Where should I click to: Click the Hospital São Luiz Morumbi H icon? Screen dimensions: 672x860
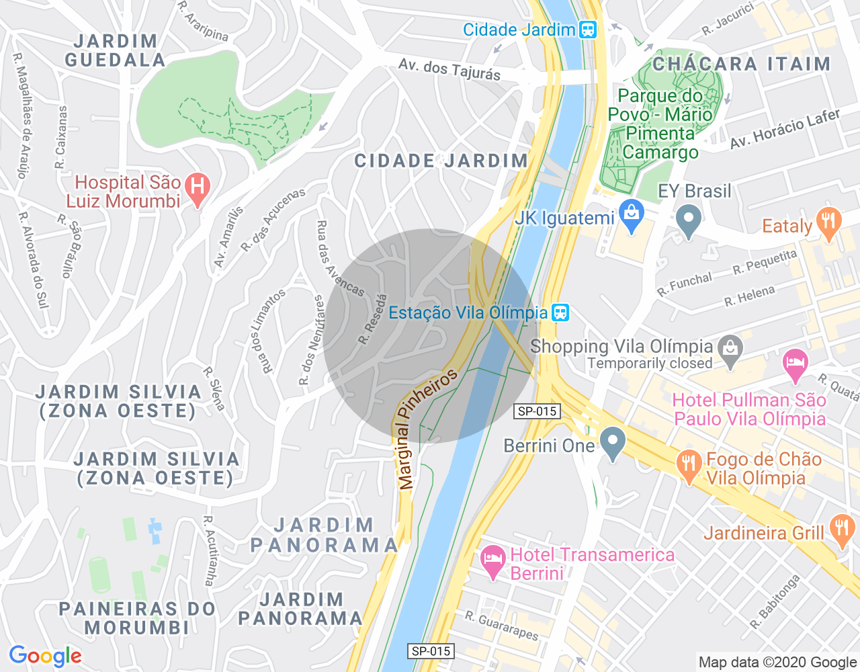(197, 188)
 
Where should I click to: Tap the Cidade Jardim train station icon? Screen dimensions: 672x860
(588, 30)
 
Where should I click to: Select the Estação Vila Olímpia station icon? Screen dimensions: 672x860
(560, 312)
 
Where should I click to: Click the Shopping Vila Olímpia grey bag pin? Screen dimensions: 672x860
(730, 347)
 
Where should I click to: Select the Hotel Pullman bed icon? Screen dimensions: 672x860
(795, 363)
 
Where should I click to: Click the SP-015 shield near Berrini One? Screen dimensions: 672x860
(537, 411)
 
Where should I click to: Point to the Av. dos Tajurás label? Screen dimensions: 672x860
(449, 69)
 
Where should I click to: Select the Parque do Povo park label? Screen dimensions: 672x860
(660, 124)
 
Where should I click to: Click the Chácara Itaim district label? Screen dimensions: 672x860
(741, 64)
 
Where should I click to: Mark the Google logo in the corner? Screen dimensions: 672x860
(45, 656)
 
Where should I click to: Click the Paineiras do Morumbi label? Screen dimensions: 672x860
(137, 618)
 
